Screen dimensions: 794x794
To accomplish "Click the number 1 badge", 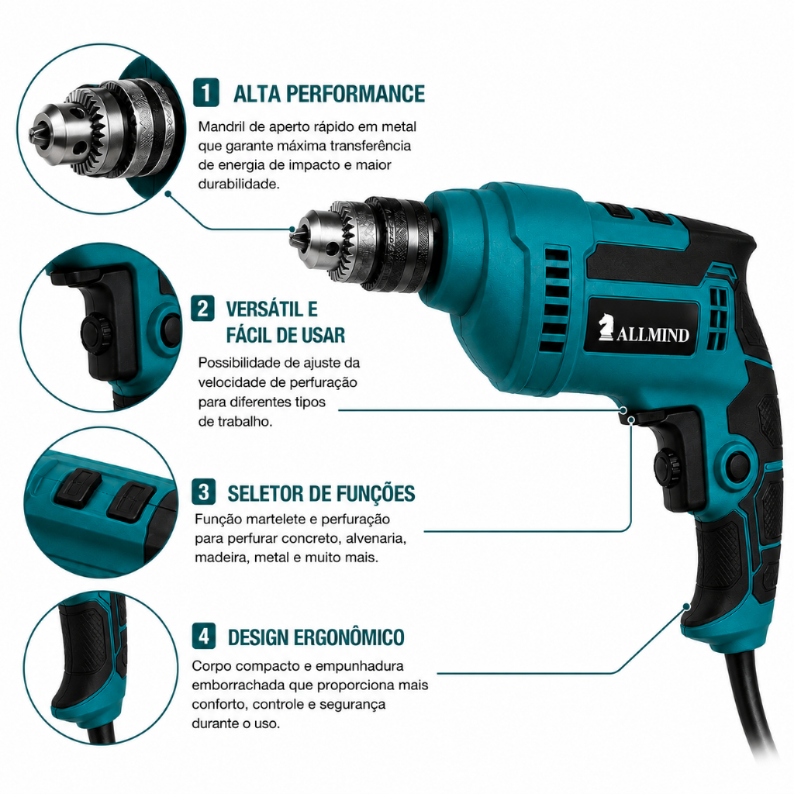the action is (206, 93).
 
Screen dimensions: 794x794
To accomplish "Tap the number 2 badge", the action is (202, 308).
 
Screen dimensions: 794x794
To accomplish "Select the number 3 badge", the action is (204, 492).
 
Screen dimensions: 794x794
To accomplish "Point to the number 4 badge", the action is (204, 636).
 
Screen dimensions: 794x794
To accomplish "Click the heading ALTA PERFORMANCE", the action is (329, 94).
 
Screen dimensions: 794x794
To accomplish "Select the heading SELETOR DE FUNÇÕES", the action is (321, 493).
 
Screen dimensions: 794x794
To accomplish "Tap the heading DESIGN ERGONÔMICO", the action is (316, 637).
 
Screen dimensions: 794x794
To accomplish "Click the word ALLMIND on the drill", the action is (653, 334).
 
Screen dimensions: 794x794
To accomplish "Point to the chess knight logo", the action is (606, 326).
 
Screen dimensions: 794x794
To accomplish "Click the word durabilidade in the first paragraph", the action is (239, 184).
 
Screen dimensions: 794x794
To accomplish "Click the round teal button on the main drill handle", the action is (738, 464).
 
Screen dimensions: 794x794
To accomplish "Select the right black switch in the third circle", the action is (130, 502).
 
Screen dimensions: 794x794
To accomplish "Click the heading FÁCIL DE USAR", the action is (285, 335).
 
